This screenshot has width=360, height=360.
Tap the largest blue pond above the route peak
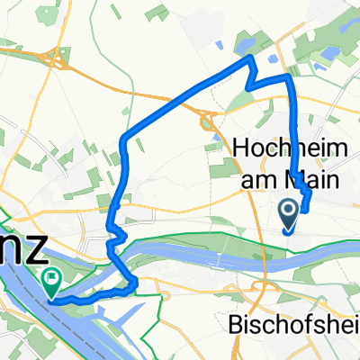point(246,41)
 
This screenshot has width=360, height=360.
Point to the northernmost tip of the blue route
point(250,58)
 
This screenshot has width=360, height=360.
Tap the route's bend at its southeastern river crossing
point(134,284)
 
